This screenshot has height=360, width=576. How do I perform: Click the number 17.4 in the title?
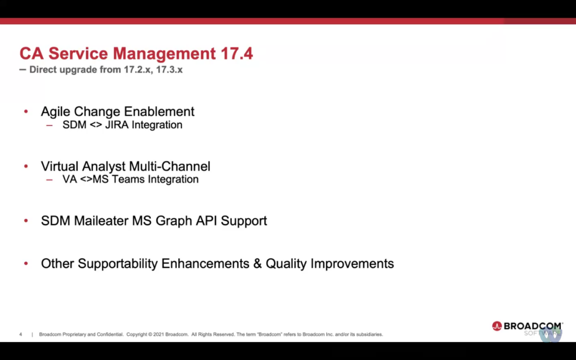click(237, 53)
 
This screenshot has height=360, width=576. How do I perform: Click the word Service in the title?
click(78, 53)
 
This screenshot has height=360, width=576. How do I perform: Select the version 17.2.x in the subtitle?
click(137, 69)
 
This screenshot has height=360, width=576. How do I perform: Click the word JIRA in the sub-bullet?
click(117, 125)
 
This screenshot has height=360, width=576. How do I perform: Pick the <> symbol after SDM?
click(96, 125)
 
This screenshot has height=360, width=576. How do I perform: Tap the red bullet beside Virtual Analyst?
click(26, 166)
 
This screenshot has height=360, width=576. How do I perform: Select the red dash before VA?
click(49, 180)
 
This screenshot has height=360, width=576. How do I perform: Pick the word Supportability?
click(118, 264)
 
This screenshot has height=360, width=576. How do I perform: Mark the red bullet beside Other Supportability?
click(26, 263)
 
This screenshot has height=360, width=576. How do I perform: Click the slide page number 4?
click(21, 334)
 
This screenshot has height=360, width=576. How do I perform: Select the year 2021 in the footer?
click(158, 334)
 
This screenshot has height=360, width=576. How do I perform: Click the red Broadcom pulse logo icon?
click(497, 326)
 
